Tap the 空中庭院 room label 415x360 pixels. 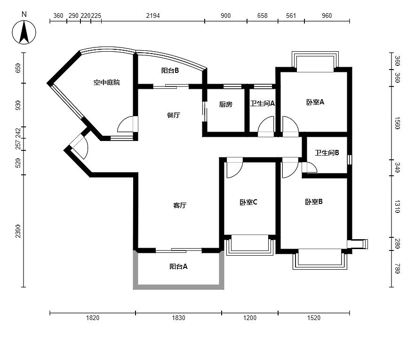[107, 82]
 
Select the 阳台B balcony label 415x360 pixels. [170, 70]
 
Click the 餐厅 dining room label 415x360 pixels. [174, 115]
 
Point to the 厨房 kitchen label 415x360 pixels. [226, 104]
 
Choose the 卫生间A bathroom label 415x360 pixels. [263, 103]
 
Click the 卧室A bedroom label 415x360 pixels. [315, 102]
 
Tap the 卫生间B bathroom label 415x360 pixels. [327, 153]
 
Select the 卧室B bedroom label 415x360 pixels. [314, 202]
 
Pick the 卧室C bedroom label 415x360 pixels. [248, 203]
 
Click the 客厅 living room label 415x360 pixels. [180, 205]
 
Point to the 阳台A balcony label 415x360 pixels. [179, 266]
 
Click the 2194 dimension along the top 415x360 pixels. [153, 16]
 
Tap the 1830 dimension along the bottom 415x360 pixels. [179, 318]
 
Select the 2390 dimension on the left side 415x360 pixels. [18, 231]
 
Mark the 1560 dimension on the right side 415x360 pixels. [397, 123]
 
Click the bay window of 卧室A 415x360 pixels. [315, 61]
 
